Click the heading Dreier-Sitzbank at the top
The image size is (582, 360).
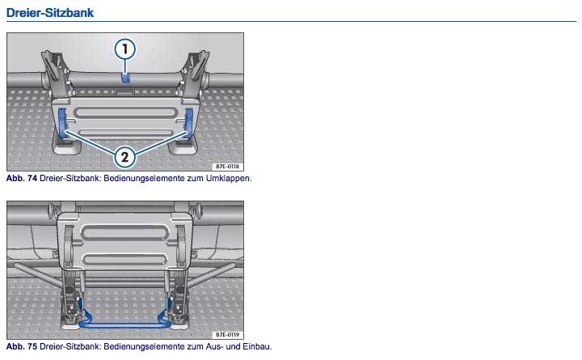click(x=50, y=13)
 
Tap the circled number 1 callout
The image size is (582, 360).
click(x=124, y=49)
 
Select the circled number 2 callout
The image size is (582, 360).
click(x=124, y=157)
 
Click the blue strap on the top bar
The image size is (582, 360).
click(x=125, y=78)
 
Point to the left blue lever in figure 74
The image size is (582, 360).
click(x=62, y=123)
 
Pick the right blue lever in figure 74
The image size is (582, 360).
click(x=188, y=123)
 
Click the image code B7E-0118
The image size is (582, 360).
click(x=227, y=167)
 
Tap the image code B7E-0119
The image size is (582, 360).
click(x=227, y=335)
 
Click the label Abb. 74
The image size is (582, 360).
click(x=22, y=178)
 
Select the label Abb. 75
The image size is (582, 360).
click(x=22, y=346)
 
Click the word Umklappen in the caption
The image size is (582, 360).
click(x=229, y=178)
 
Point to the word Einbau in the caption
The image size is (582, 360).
click(x=257, y=346)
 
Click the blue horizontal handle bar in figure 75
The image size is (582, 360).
click(x=124, y=324)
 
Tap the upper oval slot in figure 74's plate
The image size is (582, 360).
click(x=125, y=113)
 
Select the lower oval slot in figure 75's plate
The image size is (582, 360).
click(x=124, y=259)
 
